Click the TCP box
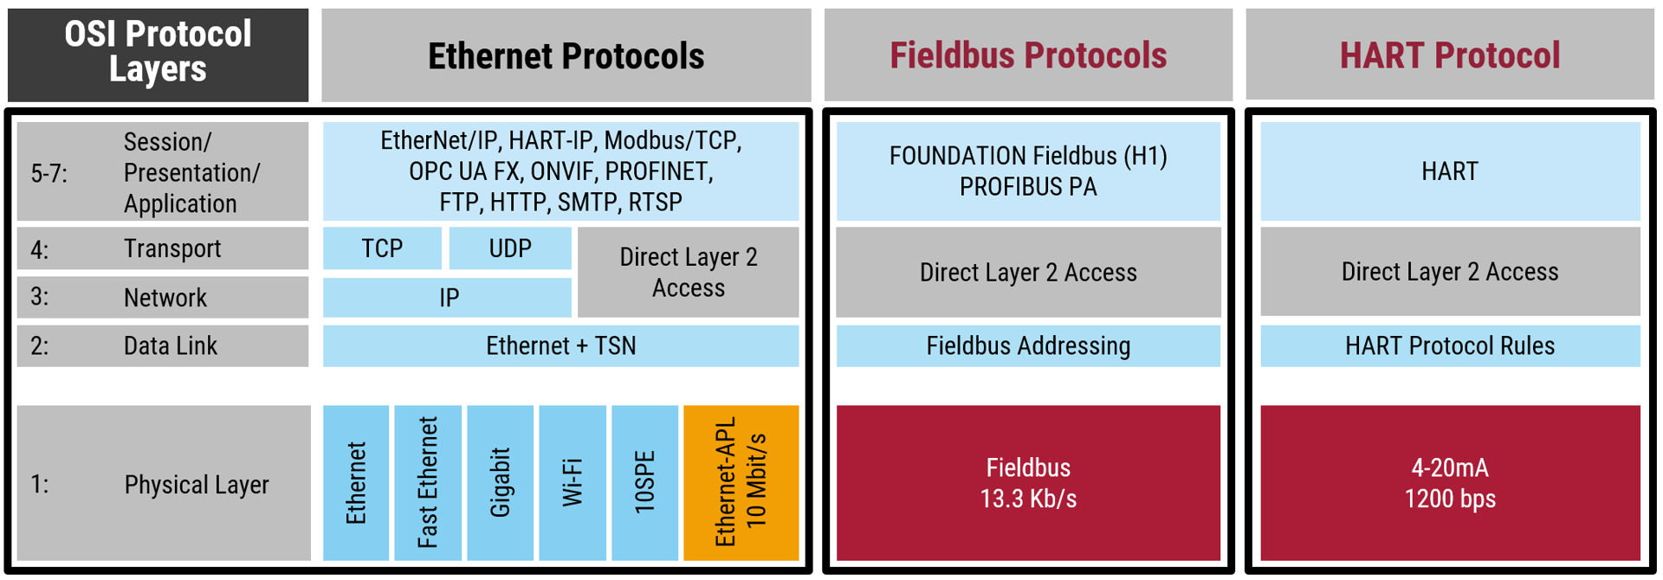382,248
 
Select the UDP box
510,248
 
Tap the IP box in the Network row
448,298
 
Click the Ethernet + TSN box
560,346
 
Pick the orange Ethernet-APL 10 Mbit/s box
741,482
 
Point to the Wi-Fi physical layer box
572,482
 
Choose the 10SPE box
644,482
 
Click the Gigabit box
500,482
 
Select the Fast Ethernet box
428,482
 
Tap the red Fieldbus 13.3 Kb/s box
1028,482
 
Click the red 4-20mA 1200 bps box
1450,482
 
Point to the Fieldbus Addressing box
1028,346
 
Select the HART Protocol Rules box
1450,346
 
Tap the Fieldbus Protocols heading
1028,55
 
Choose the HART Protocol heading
1450,55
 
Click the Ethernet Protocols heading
566,56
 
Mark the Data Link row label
171,346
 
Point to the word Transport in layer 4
172,249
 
